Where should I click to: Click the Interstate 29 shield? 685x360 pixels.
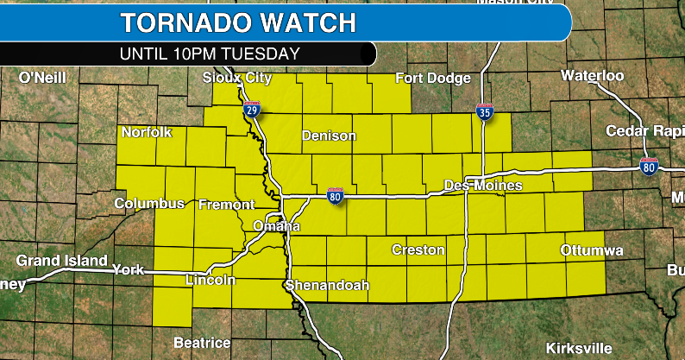252,110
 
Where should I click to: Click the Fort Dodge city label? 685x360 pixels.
433,79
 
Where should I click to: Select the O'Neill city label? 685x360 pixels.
43,78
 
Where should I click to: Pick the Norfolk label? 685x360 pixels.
147,132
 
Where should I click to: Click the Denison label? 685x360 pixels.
328,136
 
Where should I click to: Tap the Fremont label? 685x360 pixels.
226,205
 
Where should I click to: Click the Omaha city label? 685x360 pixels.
276,226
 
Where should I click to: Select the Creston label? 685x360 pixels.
418,250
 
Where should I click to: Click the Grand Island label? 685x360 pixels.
61,260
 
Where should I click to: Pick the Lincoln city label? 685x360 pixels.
211,281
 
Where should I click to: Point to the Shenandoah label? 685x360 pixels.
327,286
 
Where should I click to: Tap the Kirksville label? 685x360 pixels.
579,349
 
